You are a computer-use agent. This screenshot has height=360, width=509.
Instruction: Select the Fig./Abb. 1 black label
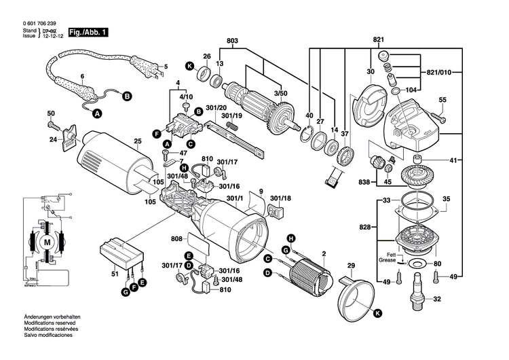(86, 32)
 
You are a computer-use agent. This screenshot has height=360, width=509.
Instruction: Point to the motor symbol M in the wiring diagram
(47, 242)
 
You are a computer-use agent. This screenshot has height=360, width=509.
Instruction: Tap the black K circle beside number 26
(191, 65)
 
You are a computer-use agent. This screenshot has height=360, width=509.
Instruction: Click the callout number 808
(178, 238)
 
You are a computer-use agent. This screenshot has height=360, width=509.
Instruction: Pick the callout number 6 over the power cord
(82, 75)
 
